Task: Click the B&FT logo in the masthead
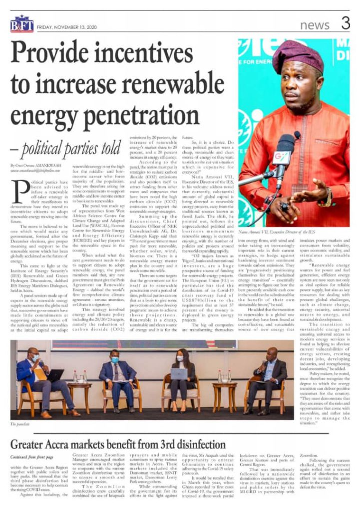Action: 22,23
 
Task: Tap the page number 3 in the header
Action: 345,22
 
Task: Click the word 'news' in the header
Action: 316,24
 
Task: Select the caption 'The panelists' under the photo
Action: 20,424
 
